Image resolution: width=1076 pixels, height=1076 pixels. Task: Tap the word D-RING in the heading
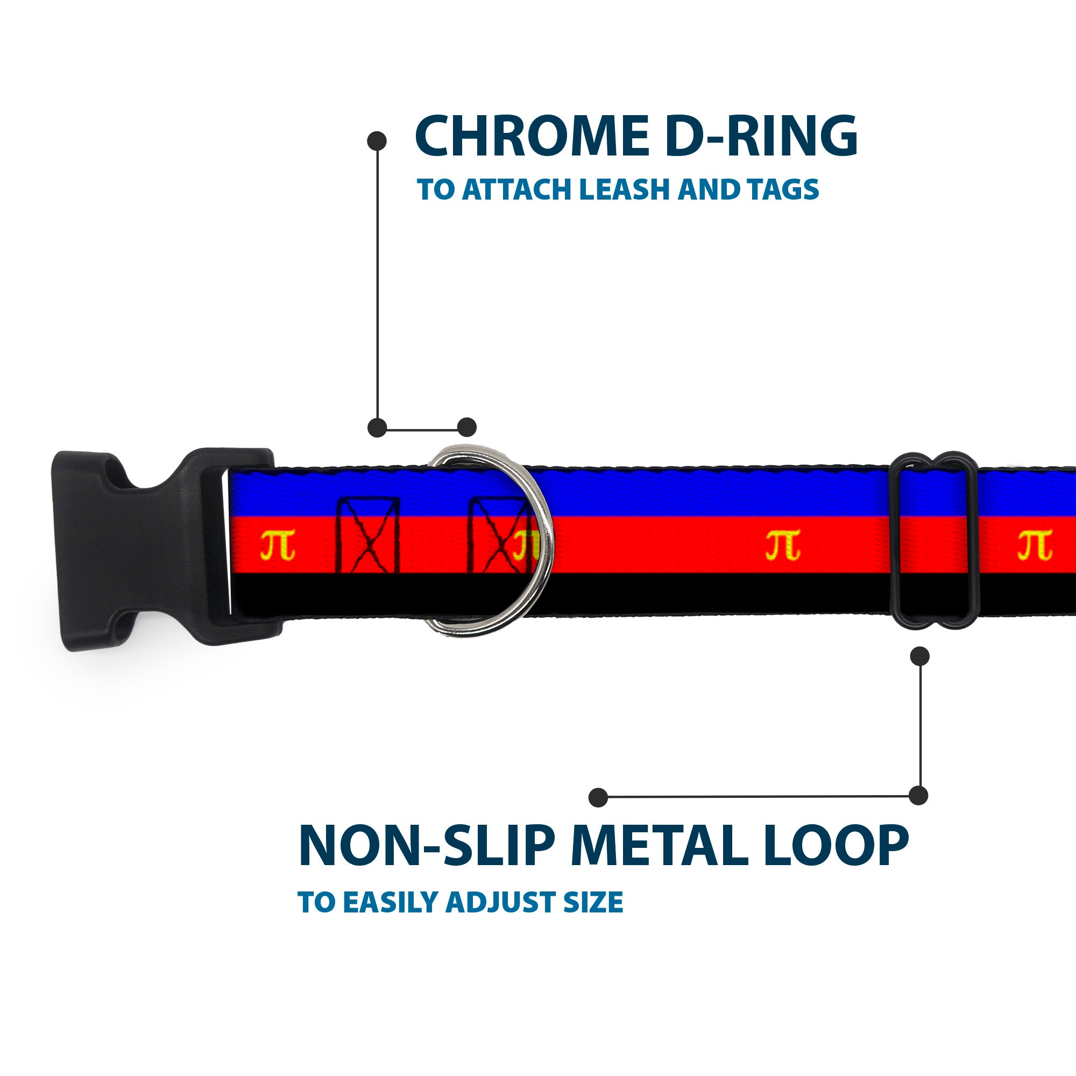pos(761,137)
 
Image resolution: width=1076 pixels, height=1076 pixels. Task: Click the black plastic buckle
pos(151,549)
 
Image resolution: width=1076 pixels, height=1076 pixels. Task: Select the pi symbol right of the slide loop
pos(1034,544)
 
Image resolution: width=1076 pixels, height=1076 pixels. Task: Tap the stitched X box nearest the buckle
pos(368,535)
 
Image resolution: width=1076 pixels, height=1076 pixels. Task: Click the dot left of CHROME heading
pos(377,140)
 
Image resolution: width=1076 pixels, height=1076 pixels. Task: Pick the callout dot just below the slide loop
pos(919,655)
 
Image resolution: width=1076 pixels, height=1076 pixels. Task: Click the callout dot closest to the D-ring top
pos(466,427)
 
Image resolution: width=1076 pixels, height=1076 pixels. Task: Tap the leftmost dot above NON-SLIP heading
pos(598,797)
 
